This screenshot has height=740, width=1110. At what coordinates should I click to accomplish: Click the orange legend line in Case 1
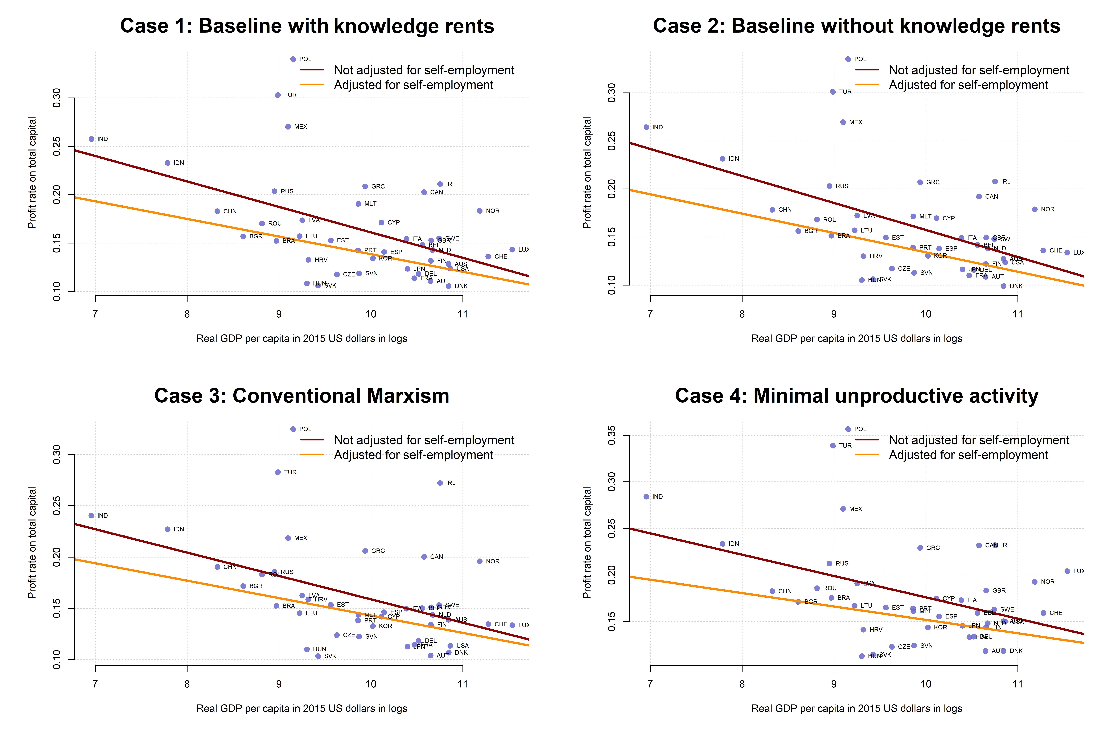pyautogui.click(x=312, y=85)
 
